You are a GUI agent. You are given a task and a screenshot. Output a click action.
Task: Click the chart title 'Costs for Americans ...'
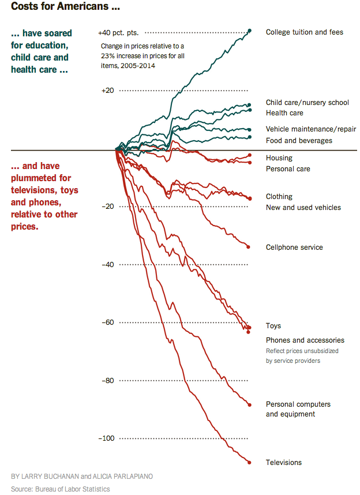(66, 8)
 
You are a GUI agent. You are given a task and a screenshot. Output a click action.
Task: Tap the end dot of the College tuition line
(249, 31)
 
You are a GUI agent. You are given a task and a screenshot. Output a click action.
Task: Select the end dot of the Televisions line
(249, 462)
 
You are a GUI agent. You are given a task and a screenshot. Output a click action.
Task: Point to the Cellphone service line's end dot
(249, 247)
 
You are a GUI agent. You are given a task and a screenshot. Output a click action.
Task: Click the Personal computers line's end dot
(249, 404)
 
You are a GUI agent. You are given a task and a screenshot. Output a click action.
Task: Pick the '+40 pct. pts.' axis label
(118, 33)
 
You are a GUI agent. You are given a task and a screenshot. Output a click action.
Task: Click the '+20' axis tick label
(107, 91)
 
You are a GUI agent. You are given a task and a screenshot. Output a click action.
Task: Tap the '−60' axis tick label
(107, 322)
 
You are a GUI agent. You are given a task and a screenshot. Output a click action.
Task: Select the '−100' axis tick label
(106, 438)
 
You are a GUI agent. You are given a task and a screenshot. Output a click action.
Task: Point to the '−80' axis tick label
(107, 381)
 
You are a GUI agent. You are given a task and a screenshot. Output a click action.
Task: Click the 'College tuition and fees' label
(304, 32)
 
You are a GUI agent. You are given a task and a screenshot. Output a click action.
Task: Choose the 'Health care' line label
(284, 113)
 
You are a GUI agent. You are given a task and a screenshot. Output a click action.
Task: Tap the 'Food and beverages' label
(299, 141)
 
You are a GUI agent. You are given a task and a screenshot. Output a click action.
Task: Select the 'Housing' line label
(279, 158)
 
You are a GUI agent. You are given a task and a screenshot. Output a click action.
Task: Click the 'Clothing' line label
(279, 197)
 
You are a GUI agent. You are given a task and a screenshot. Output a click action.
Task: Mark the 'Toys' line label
(273, 326)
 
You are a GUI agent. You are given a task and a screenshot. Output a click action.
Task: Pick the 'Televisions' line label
(284, 463)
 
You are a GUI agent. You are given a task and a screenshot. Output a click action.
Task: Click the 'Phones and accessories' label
(305, 340)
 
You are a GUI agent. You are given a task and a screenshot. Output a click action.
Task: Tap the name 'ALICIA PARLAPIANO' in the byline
(125, 477)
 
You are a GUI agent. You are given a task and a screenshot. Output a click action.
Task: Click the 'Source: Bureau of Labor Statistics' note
(60, 489)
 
